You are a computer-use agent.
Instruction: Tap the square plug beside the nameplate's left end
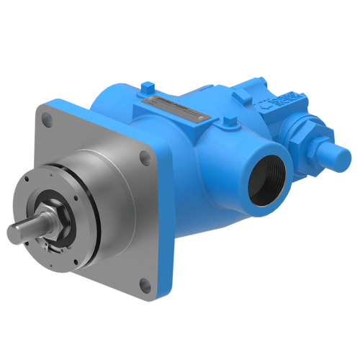[x=145, y=89]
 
